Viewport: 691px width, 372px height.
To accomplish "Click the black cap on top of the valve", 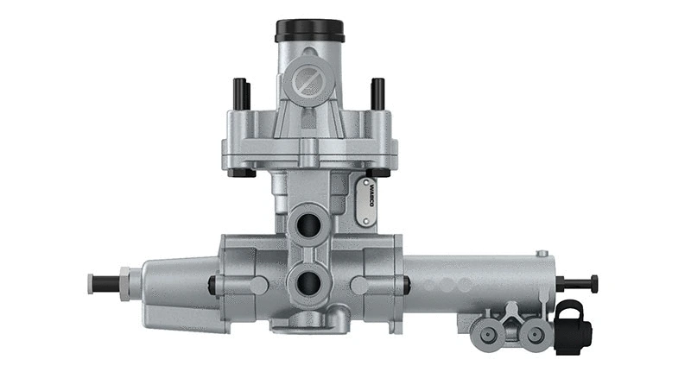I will click(310, 30).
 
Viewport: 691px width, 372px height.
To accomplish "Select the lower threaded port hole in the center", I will click(308, 281).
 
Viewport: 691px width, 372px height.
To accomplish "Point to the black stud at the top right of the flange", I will click(377, 93).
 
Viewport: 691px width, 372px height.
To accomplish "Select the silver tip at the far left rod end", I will click(90, 283).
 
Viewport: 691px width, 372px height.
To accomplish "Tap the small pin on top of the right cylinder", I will click(542, 254).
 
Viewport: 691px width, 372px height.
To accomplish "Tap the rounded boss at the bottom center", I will click(309, 322).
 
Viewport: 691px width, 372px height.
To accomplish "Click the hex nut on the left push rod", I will click(126, 283).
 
